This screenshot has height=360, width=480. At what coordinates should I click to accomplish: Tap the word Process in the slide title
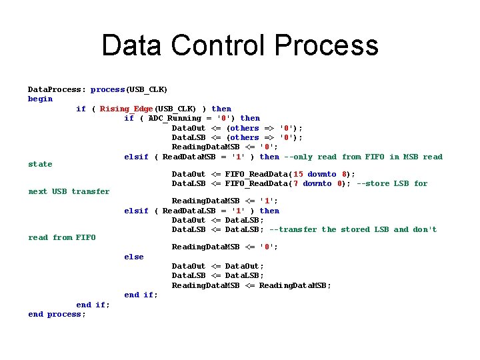click(326, 46)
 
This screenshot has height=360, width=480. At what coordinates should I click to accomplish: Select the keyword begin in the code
click(40, 99)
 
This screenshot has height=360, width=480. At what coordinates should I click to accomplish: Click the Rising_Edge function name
click(127, 109)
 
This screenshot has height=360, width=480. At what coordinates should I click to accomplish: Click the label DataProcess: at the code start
click(57, 89)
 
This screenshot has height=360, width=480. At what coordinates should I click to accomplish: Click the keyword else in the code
click(134, 257)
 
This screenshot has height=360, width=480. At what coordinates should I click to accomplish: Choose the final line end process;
click(57, 314)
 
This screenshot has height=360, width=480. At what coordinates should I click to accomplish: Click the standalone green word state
click(40, 164)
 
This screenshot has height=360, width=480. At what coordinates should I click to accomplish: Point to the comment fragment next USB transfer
click(69, 191)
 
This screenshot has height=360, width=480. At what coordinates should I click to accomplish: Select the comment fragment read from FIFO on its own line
click(62, 237)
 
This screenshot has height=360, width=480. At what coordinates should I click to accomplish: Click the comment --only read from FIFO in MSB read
click(363, 157)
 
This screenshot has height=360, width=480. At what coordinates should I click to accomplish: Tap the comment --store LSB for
click(392, 183)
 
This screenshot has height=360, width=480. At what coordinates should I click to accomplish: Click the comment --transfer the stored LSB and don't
click(353, 229)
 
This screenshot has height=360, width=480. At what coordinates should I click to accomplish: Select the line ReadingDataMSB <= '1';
click(225, 201)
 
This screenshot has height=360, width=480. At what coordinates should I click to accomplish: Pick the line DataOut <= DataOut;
click(217, 266)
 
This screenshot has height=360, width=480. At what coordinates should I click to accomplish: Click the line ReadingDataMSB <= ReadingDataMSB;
click(251, 285)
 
